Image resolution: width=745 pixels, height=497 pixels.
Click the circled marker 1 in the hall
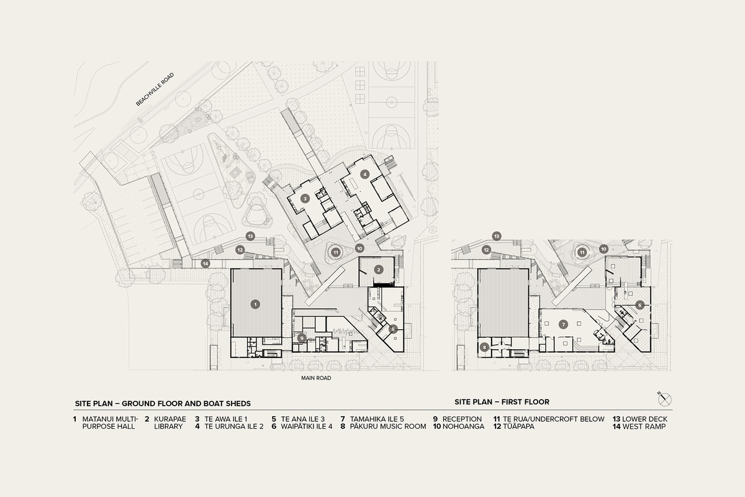click(255, 304)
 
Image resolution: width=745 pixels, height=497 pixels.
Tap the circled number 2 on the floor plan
click(378, 268)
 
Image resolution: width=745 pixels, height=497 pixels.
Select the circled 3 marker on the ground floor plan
click(305, 199)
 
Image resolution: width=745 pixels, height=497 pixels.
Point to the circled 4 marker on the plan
click(366, 174)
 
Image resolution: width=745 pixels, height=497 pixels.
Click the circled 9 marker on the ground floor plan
click(301, 337)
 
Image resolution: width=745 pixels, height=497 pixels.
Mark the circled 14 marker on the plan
click(205, 263)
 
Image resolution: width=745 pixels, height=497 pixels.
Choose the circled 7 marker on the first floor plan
click(563, 324)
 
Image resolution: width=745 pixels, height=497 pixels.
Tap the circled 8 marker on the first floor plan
click(484, 347)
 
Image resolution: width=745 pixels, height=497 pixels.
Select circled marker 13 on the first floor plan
click(497, 236)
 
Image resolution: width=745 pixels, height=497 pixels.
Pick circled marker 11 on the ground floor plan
click(336, 252)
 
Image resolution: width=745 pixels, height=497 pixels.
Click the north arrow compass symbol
click(665, 398)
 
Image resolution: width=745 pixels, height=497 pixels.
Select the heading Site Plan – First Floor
click(502, 402)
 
